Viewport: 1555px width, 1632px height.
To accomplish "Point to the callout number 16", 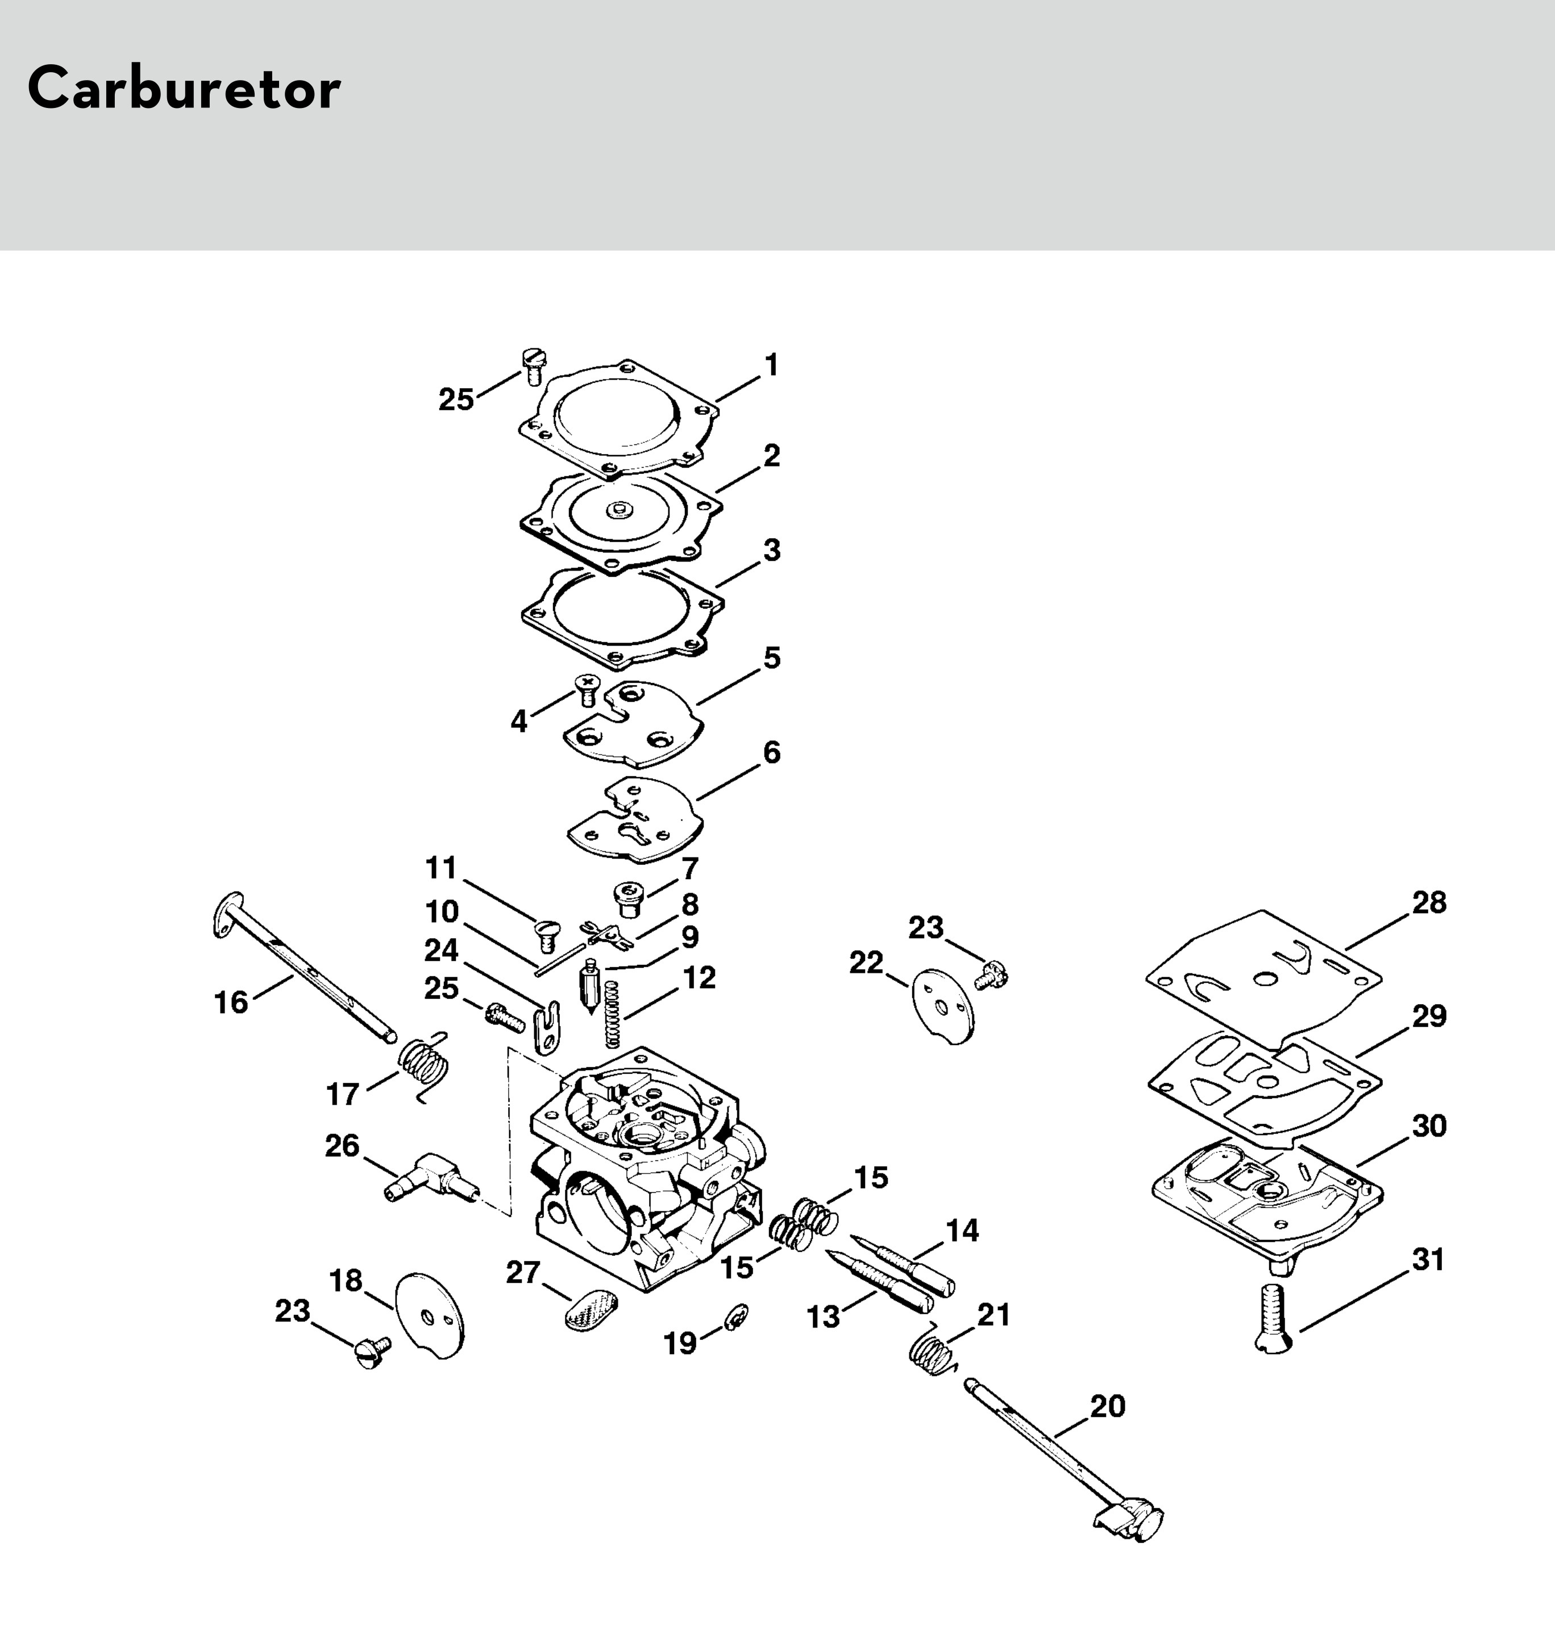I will pos(231,1002).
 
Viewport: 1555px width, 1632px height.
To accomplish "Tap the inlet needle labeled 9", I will pos(590,986).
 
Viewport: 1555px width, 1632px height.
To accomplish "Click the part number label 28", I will pos(1429,902).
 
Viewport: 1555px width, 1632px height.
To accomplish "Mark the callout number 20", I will pos(1107,1406).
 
